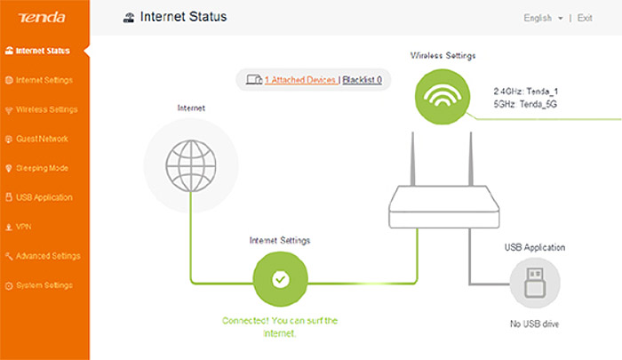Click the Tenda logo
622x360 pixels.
pyautogui.click(x=42, y=18)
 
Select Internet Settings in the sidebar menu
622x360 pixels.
pyautogui.click(x=39, y=80)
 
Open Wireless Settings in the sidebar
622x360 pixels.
pyautogui.click(x=41, y=109)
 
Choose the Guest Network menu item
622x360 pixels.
pyautogui.click(x=36, y=139)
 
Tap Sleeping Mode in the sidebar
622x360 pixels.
pyautogui.click(x=36, y=168)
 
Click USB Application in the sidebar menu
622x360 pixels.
pyautogui.click(x=39, y=197)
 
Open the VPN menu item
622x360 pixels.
pyautogui.click(x=19, y=227)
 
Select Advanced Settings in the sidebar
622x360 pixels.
pyautogui.click(x=43, y=256)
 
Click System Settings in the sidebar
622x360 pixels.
pyautogui.click(x=39, y=285)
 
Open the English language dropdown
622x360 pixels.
pyautogui.click(x=543, y=19)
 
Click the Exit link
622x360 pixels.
pyautogui.click(x=585, y=19)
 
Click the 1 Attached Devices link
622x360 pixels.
pyautogui.click(x=300, y=80)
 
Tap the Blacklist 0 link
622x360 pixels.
pyautogui.click(x=363, y=80)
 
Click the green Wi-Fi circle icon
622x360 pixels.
pyautogui.click(x=443, y=97)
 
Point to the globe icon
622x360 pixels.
pyautogui.click(x=191, y=165)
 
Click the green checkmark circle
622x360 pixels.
pyautogui.click(x=281, y=279)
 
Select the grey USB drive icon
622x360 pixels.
pyautogui.click(x=535, y=283)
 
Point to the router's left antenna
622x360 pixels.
pyautogui.click(x=412, y=159)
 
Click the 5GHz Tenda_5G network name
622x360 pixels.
pyautogui.click(x=525, y=104)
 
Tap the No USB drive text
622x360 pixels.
pyautogui.click(x=534, y=324)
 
